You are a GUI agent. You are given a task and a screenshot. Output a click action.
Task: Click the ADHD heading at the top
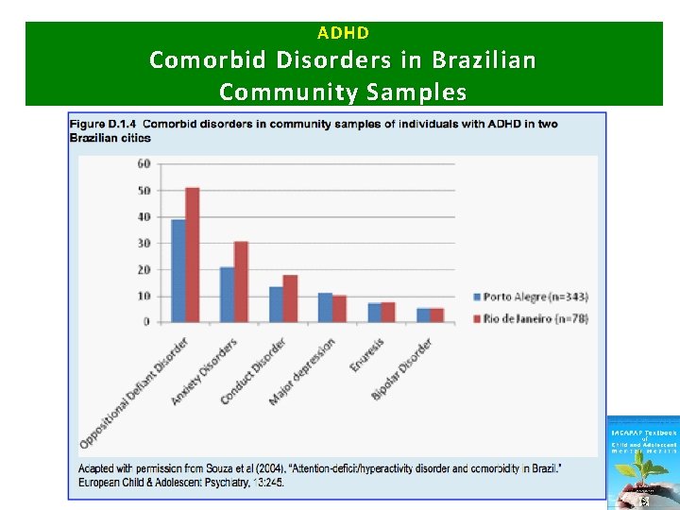343,33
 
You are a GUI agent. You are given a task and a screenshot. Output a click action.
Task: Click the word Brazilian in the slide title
482,60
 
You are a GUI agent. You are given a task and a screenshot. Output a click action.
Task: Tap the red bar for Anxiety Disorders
241,281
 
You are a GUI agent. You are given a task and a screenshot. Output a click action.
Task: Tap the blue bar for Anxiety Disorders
227,294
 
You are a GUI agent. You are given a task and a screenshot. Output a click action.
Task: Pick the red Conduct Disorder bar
290,298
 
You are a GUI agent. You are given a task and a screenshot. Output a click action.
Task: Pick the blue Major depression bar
325,307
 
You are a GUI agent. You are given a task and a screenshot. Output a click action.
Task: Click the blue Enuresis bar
374,312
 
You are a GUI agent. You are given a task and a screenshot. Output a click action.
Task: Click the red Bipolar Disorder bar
436,314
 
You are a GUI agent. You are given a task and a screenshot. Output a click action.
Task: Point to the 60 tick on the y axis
143,163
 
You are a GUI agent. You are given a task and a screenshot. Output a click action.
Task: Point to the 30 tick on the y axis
143,243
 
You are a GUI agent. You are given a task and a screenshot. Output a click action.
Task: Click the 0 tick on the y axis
145,322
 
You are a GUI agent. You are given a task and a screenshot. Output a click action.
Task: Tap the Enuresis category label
367,356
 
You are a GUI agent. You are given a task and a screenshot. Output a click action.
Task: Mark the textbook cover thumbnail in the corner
642,462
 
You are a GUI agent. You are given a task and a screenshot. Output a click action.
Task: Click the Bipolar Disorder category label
401,369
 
